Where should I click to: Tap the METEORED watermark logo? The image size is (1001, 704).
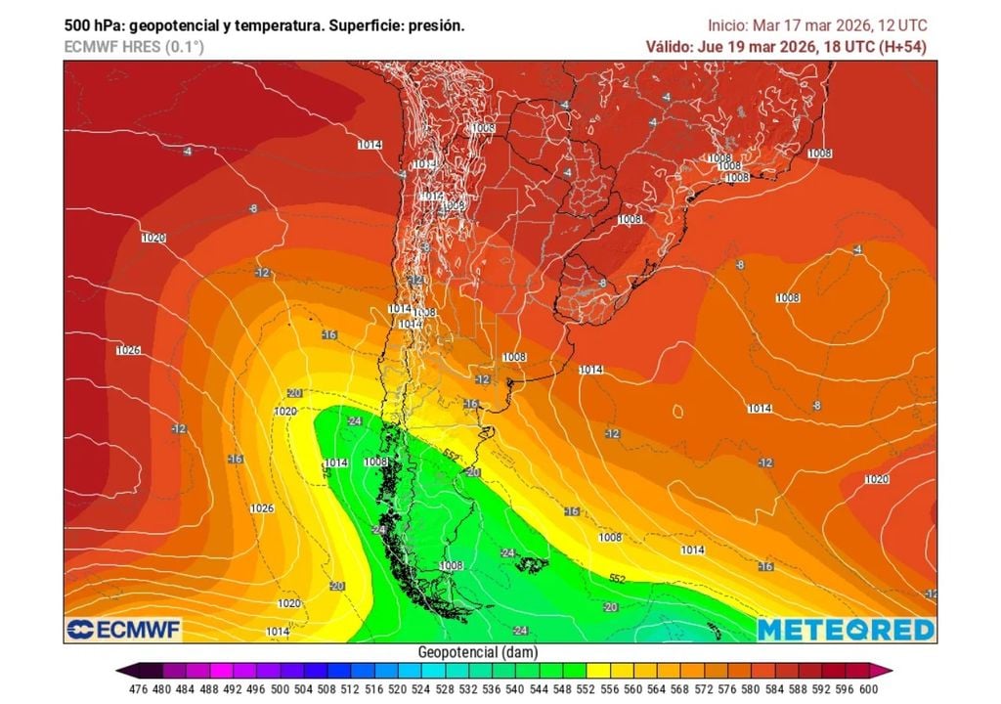(846, 630)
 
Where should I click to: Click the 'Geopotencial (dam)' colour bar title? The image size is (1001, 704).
(477, 652)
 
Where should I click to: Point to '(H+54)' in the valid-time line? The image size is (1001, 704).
(903, 46)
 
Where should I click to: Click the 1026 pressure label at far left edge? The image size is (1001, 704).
(128, 350)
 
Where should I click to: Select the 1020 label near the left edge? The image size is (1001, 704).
(153, 238)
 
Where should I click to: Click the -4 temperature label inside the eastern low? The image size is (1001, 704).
(857, 250)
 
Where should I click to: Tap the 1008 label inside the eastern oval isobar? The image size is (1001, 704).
(787, 297)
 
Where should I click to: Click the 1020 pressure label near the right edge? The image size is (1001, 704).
(877, 479)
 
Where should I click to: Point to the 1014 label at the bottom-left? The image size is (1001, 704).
(278, 632)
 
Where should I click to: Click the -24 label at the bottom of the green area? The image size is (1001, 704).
(521, 630)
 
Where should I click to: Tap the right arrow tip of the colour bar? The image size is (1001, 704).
(890, 671)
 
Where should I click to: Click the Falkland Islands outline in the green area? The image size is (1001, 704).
(532, 564)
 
